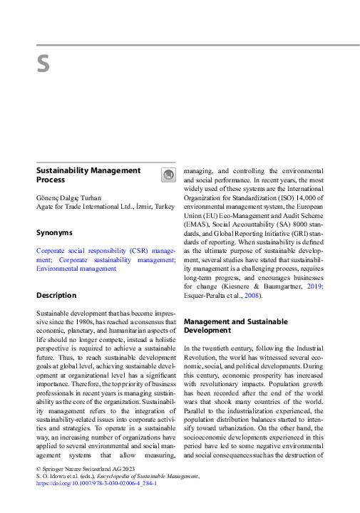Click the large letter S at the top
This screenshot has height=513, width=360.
(x=43, y=65)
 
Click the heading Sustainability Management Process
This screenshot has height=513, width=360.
(x=88, y=175)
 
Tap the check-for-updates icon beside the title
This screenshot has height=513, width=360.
(x=168, y=175)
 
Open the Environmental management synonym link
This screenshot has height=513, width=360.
(x=76, y=269)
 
